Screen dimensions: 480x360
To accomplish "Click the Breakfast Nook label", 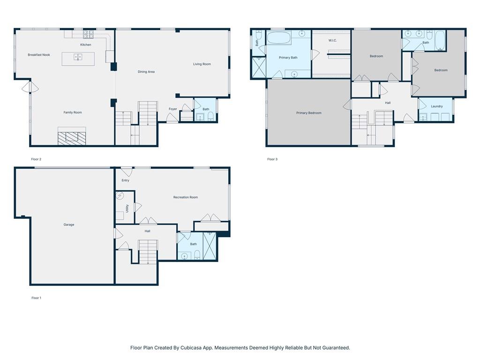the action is [x=39, y=55].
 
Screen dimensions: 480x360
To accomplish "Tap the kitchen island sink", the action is [x=78, y=57].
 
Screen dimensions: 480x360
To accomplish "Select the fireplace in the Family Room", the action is [x=72, y=138].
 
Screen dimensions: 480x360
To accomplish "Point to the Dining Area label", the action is [x=146, y=72].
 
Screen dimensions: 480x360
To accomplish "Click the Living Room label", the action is [x=202, y=64].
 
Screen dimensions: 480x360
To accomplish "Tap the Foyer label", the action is [x=172, y=109].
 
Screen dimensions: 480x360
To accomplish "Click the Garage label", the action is [x=69, y=225].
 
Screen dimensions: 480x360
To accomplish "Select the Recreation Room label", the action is [x=186, y=197].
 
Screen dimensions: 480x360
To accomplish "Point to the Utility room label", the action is [x=127, y=209].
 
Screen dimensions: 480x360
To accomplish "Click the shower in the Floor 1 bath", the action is [x=210, y=246].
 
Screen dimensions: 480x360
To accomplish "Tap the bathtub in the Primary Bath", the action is [x=279, y=37].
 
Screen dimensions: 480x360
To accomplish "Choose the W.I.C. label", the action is [x=332, y=40].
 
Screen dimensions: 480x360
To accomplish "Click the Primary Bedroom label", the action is [x=308, y=113].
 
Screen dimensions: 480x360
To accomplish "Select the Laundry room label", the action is [x=436, y=106].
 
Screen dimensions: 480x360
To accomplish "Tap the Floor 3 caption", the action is [x=272, y=159].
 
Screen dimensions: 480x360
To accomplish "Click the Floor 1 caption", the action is [x=36, y=298].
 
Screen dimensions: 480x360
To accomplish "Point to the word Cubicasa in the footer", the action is [x=191, y=348].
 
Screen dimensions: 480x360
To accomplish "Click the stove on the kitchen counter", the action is [x=88, y=34].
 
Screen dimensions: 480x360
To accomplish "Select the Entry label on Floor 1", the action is [x=125, y=180].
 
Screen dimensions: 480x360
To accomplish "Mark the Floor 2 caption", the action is [x=36, y=159].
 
